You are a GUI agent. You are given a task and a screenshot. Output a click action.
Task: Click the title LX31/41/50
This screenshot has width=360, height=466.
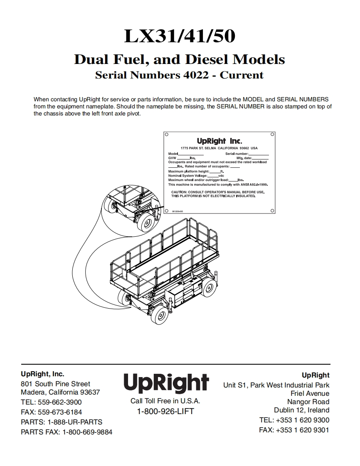click(x=180, y=37)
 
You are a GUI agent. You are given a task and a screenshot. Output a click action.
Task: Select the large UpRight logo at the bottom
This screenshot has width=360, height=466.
click(x=165, y=383)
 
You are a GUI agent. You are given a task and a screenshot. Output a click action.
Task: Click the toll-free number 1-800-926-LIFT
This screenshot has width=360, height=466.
click(x=165, y=412)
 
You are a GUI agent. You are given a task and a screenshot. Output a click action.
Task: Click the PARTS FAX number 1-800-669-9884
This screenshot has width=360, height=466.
click(x=87, y=432)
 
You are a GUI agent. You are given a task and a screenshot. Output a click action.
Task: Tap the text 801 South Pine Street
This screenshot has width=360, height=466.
click(x=55, y=384)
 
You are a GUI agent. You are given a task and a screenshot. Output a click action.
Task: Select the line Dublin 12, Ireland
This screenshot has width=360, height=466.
click(x=301, y=410)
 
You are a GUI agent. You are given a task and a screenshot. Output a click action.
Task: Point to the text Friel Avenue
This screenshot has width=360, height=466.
click(x=310, y=393)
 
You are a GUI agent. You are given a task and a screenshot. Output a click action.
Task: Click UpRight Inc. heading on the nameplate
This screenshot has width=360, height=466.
click(x=219, y=141)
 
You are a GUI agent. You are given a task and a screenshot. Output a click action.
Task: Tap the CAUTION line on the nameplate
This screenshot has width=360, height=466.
click(x=218, y=192)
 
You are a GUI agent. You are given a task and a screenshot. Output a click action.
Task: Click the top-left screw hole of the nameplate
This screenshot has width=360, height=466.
click(x=166, y=135)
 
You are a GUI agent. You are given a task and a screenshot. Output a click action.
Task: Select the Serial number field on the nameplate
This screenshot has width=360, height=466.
click(x=247, y=154)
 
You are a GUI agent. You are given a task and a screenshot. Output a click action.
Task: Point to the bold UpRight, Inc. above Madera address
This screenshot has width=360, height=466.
click(x=42, y=374)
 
